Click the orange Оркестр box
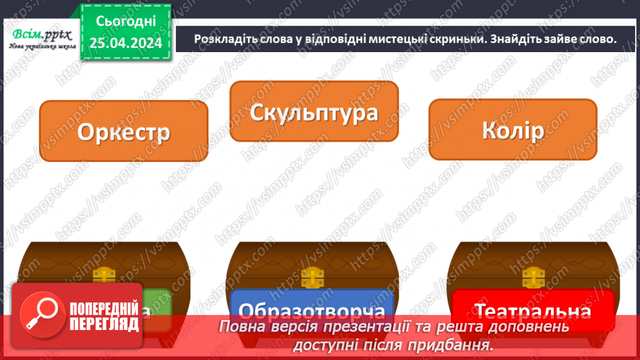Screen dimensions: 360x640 click(x=124, y=131)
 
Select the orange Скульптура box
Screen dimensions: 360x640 click(x=314, y=112)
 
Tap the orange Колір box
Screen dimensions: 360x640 click(x=513, y=130)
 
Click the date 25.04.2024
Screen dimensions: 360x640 click(x=125, y=44)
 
